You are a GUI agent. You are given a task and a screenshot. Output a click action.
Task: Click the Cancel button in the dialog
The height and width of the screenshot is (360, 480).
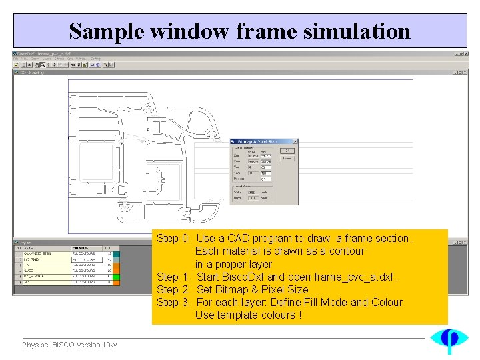pos(287,158)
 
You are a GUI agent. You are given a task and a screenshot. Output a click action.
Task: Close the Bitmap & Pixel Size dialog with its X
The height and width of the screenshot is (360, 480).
pos(295,141)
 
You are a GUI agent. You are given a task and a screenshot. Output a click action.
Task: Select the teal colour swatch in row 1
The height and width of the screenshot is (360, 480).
pos(116,253)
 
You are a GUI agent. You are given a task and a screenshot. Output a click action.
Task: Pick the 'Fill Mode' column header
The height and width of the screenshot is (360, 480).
pos(84,247)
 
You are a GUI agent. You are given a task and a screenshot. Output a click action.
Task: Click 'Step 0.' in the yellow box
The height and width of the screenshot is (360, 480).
pos(173,238)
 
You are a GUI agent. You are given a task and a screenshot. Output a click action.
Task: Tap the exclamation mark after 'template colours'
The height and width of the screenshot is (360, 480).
pos(299,315)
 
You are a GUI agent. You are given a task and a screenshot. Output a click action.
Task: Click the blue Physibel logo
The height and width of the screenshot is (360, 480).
pos(449,340)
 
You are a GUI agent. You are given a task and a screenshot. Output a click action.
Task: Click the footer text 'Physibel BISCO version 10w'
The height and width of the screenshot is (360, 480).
pos(69,345)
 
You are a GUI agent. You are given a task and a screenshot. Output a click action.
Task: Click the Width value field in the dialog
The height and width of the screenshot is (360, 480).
pos(252,193)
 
